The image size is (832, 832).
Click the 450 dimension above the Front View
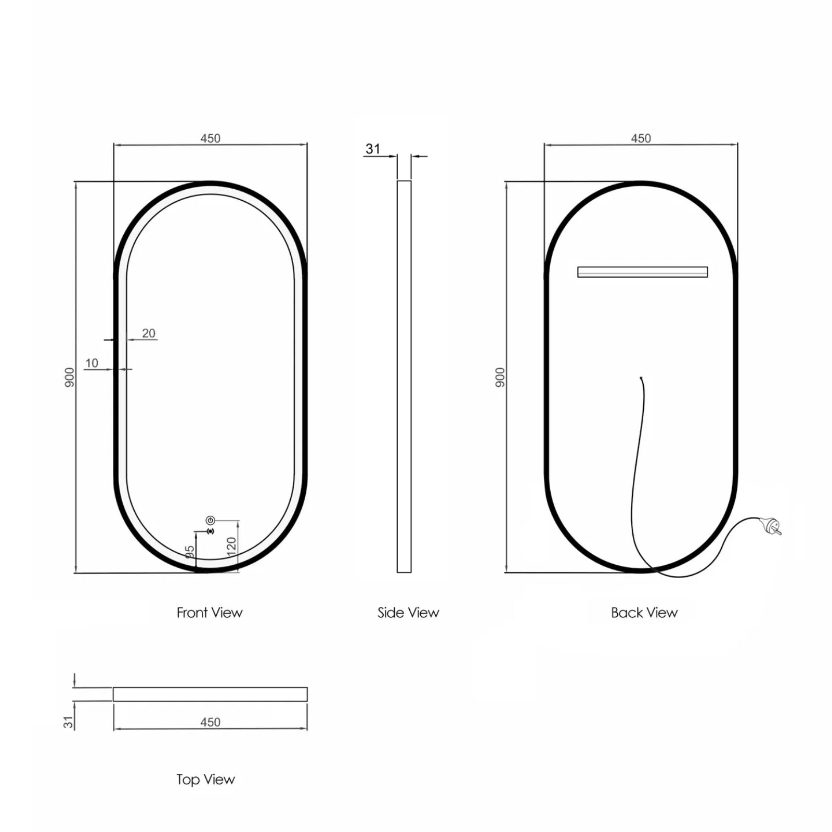click(x=210, y=138)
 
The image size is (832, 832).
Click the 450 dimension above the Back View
click(x=641, y=138)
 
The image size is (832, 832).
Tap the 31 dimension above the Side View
click(x=373, y=149)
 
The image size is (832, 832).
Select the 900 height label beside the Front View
click(x=70, y=377)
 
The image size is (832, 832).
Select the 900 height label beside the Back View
click(x=500, y=377)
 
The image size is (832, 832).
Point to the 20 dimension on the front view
click(x=149, y=333)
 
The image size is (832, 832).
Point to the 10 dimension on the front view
click(x=92, y=363)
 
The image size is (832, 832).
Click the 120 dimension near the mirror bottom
click(x=232, y=546)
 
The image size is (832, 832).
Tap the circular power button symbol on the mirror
click(x=210, y=520)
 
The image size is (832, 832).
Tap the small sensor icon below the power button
click(x=210, y=531)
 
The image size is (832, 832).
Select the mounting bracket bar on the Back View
click(x=642, y=272)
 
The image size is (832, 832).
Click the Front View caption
click(x=210, y=613)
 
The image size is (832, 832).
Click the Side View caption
click(x=408, y=613)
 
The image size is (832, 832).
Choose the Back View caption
click(x=644, y=613)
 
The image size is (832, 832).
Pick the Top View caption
click(x=205, y=779)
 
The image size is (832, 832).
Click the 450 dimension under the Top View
click(x=210, y=722)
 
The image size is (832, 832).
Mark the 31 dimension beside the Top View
click(x=69, y=722)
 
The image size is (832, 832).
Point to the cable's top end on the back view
click(x=641, y=378)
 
